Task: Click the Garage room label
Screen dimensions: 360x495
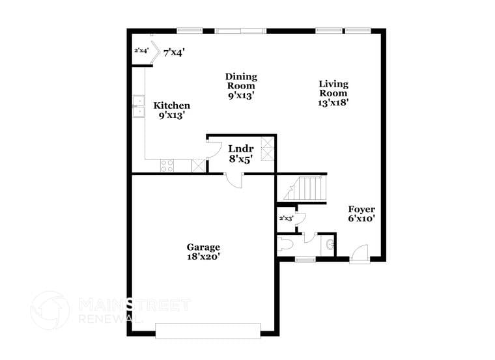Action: (203, 247)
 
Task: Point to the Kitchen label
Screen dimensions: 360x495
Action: (171, 105)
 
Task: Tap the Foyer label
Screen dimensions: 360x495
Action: (361, 209)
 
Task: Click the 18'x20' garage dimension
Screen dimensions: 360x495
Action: (203, 256)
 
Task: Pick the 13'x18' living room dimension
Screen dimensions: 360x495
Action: (333, 103)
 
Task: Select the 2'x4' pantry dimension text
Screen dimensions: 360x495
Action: (141, 50)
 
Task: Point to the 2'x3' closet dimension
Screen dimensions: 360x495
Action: (286, 219)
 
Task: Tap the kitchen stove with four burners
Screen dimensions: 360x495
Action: (167, 165)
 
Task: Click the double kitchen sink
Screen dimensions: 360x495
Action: (138, 106)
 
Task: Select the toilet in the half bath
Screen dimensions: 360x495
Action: (285, 245)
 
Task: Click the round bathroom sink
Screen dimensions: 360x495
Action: (330, 245)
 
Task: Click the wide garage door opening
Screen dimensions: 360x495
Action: (208, 331)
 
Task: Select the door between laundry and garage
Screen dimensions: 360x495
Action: (233, 180)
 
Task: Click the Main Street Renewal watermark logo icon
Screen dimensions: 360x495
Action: (50, 310)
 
